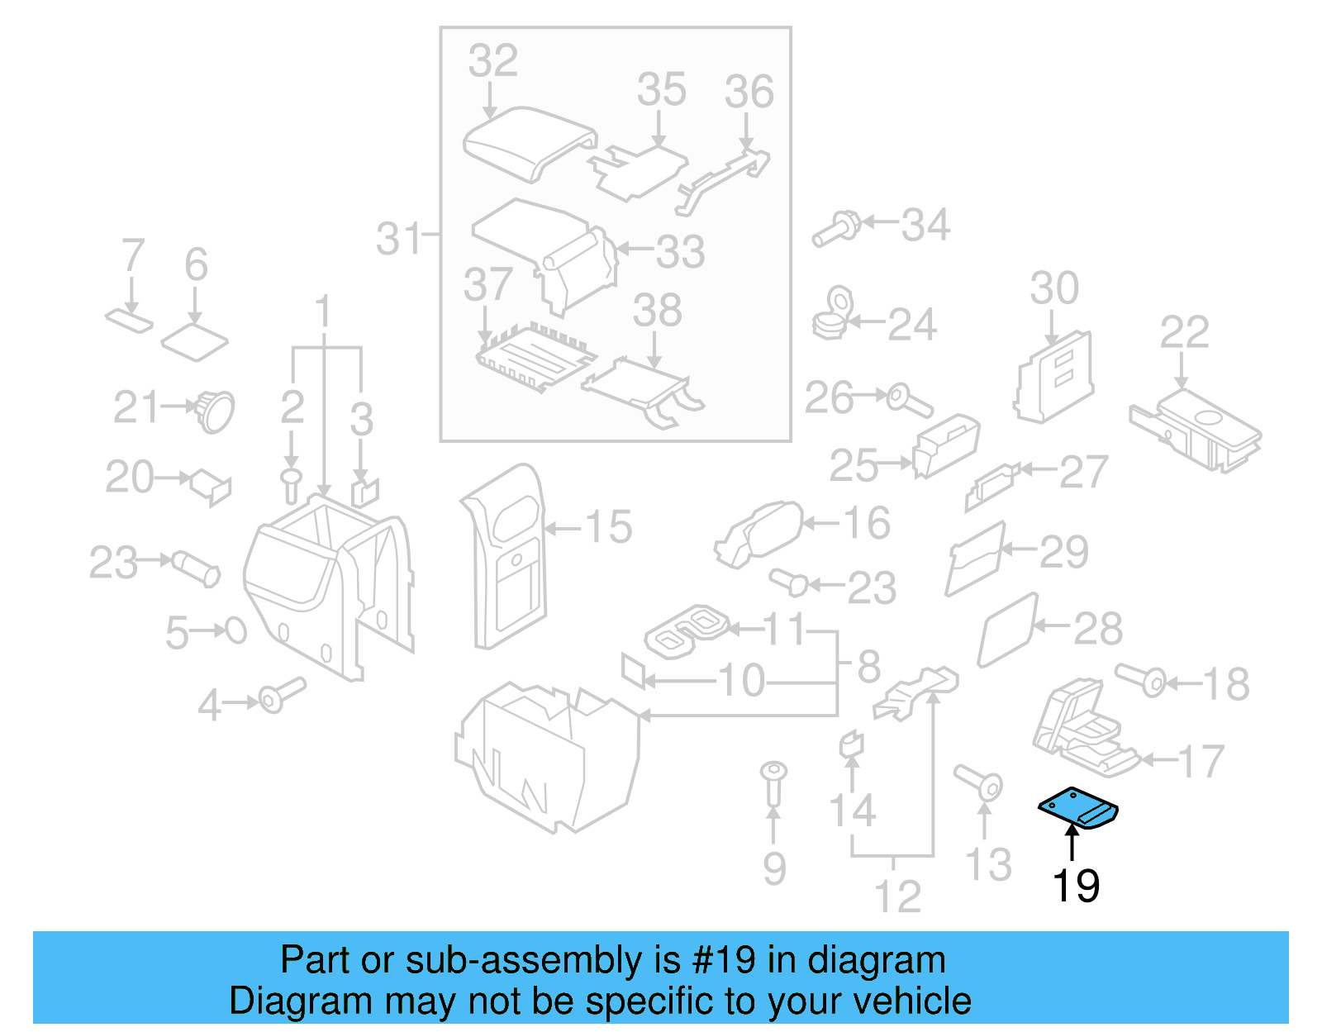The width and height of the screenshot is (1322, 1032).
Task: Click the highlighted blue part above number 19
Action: click(1077, 806)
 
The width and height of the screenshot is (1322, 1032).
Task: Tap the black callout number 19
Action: click(1076, 886)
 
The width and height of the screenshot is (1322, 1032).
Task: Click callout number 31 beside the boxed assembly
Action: click(400, 240)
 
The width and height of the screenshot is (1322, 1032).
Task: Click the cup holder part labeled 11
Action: click(687, 630)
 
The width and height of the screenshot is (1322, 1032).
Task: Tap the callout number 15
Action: click(609, 527)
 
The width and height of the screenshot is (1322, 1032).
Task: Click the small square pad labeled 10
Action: click(634, 669)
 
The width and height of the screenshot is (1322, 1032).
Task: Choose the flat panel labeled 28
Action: click(1007, 630)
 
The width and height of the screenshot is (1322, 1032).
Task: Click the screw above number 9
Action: click(773, 782)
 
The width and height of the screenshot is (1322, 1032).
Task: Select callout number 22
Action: click(1184, 332)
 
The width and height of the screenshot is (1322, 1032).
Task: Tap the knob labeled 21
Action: click(215, 410)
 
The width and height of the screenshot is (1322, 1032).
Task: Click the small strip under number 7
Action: click(130, 319)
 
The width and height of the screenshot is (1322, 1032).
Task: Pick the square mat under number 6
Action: click(194, 341)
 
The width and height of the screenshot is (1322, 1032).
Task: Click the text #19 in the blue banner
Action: click(724, 960)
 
